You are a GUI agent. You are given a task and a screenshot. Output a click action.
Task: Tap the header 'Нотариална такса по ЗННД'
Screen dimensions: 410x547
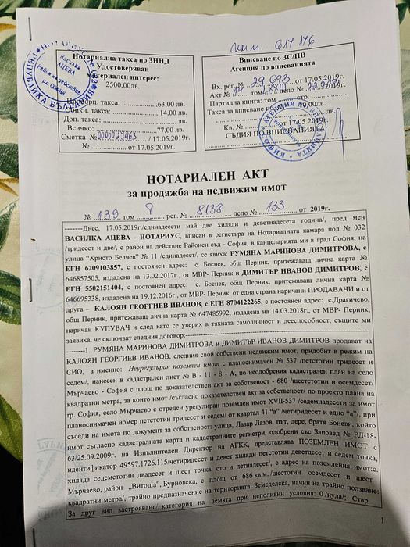coord(126,58)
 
